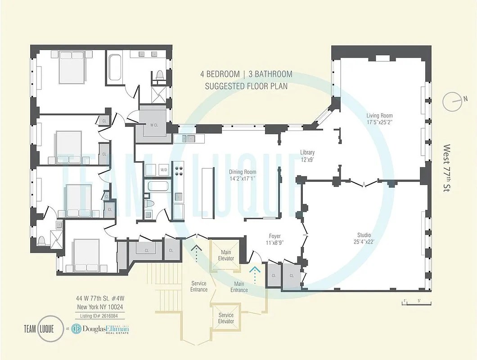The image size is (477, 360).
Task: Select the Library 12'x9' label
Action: (307, 156)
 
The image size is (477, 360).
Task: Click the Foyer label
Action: (275, 239)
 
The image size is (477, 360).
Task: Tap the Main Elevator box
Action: (226, 255)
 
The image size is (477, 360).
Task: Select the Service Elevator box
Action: (226, 318)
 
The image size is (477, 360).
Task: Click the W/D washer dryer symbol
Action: (164, 170)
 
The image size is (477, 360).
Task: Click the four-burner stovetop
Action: (179, 171)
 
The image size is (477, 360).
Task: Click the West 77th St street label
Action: (447, 169)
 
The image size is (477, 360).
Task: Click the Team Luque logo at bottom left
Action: (39, 328)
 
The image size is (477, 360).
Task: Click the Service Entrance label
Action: (198, 286)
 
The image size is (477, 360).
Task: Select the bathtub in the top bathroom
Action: (115, 67)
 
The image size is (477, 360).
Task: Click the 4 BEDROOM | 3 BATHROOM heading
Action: (246, 74)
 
